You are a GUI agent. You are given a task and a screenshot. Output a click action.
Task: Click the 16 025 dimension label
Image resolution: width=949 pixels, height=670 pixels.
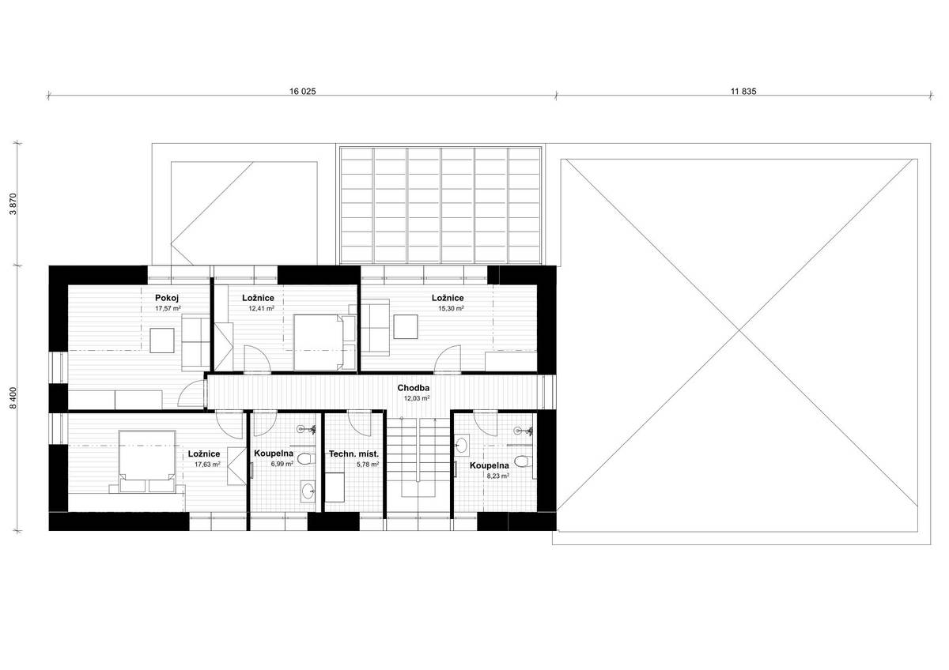302,91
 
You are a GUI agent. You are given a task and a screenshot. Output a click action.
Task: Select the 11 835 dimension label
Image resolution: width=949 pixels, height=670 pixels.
743,91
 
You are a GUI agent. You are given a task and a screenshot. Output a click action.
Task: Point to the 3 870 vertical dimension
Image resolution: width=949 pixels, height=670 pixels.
13,204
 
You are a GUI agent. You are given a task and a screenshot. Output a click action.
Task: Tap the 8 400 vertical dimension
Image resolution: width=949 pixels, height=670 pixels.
13,398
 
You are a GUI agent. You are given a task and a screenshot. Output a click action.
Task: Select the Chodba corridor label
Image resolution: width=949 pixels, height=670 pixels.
414,388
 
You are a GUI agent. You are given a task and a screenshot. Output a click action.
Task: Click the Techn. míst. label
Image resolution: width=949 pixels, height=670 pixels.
354,454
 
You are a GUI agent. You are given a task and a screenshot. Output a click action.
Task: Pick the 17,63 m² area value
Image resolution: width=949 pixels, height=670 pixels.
207,465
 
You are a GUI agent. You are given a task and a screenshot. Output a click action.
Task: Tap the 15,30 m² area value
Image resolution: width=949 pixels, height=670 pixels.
451,309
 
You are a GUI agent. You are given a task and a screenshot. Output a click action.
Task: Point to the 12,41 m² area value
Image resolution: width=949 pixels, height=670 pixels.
261,309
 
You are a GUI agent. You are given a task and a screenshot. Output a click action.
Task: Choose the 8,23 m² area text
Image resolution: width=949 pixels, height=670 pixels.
497,476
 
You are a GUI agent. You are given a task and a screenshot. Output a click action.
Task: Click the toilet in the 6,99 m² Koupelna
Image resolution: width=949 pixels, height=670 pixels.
306,459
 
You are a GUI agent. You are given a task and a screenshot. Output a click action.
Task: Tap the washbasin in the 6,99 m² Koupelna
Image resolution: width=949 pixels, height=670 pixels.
308,491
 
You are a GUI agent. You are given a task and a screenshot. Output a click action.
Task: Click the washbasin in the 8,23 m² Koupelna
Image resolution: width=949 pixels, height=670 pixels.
462,445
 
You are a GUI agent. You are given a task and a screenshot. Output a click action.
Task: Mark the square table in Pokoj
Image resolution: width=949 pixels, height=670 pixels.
162,341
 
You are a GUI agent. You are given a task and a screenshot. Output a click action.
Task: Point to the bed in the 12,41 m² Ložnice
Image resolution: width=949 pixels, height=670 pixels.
319,342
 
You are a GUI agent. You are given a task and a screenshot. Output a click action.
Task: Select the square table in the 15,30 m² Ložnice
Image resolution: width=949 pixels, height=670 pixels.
406,327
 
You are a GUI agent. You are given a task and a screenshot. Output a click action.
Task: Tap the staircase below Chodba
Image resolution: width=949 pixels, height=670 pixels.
418,456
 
